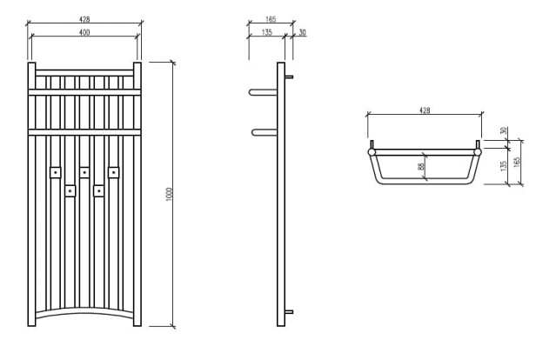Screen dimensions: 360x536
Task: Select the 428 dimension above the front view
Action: [84, 17]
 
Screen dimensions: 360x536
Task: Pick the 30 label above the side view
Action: [302, 31]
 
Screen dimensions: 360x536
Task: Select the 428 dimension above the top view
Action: [425, 110]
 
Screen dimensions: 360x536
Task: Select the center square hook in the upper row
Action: [84, 172]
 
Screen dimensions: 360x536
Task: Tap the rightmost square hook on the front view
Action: [112, 172]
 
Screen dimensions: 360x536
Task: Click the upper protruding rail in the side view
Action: [262, 90]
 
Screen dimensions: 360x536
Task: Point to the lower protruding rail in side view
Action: [262, 132]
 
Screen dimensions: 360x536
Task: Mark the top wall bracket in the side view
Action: [290, 77]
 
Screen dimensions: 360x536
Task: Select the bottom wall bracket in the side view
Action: [290, 312]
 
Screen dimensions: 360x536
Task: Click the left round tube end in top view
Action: [372, 151]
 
